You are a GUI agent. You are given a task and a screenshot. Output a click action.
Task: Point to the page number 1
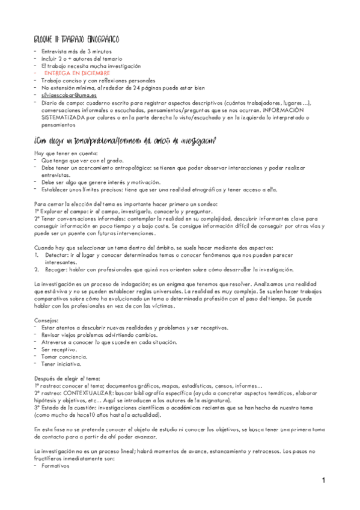(x=323, y=481)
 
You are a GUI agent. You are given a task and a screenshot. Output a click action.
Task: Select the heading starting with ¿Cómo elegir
(x=126, y=141)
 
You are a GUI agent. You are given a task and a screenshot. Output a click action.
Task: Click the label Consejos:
(x=48, y=320)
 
